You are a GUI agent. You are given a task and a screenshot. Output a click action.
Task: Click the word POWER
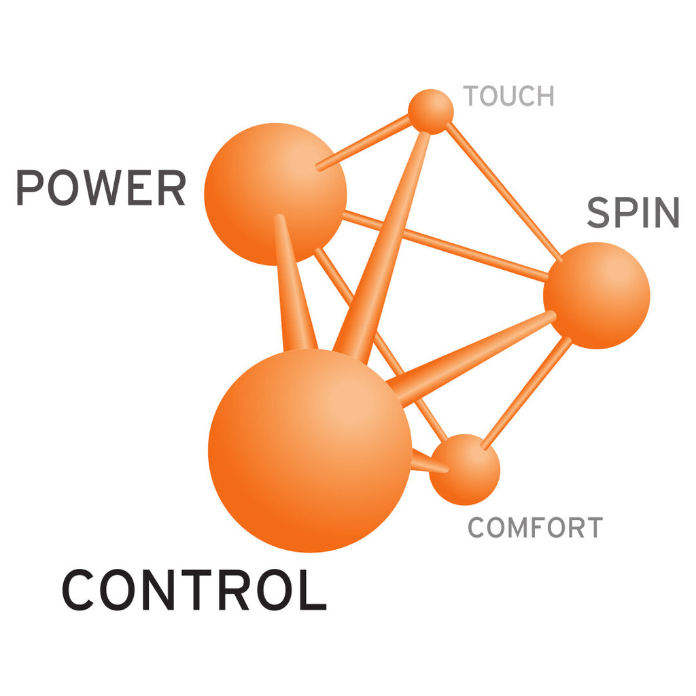click(101, 188)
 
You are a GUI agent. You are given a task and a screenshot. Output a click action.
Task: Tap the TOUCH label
click(508, 96)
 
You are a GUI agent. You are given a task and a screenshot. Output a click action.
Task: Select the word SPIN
click(633, 213)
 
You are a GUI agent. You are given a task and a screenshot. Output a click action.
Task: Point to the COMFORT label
click(536, 527)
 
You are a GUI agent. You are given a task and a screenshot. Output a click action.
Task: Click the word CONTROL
click(194, 590)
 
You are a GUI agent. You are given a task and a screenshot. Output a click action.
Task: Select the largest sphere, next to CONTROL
click(310, 451)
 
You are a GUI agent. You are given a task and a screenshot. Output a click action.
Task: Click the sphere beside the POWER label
click(275, 194)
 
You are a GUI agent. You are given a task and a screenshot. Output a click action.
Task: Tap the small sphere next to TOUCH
click(430, 111)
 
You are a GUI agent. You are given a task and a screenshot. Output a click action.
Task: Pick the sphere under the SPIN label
click(597, 295)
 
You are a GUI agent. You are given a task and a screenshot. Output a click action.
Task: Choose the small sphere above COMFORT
click(465, 470)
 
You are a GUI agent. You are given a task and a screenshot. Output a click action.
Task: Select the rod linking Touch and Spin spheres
click(504, 192)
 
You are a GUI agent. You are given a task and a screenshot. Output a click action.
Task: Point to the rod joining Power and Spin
click(446, 245)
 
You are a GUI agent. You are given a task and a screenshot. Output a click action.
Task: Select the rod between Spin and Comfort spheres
click(527, 394)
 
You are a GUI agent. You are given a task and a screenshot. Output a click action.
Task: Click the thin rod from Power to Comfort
click(381, 345)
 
